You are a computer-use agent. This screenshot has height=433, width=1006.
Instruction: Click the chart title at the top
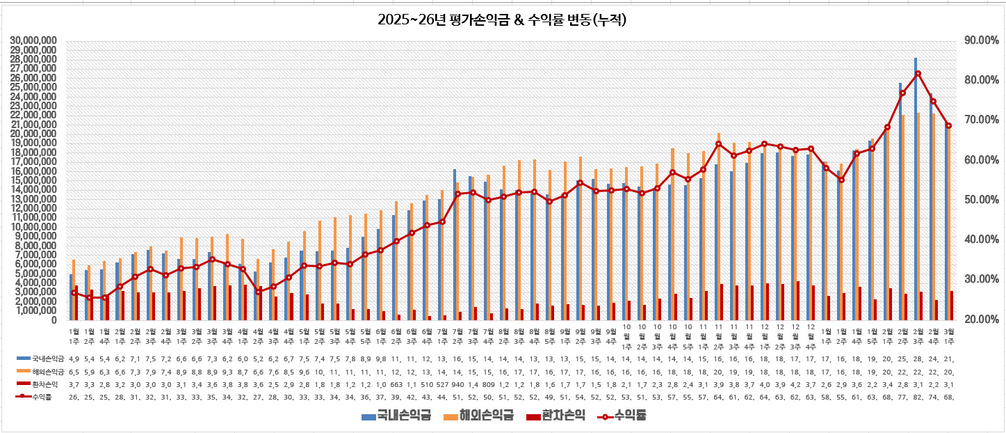503,19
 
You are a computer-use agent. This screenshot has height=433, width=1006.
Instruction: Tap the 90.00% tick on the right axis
981,40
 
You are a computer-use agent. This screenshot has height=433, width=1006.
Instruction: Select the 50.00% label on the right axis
981,200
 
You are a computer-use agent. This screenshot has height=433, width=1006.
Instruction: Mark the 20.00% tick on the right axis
981,320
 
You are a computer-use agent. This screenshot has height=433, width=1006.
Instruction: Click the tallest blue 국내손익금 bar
916,188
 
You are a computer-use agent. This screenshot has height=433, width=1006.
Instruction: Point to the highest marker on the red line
918,74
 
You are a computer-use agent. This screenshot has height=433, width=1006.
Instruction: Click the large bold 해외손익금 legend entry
486,416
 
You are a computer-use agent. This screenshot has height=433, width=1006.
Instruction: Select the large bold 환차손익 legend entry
563,416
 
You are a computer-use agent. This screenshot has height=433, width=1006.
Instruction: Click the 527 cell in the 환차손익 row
442,384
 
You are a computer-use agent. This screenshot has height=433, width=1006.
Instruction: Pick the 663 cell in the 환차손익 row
396,384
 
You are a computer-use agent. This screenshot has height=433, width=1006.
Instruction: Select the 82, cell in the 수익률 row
918,397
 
